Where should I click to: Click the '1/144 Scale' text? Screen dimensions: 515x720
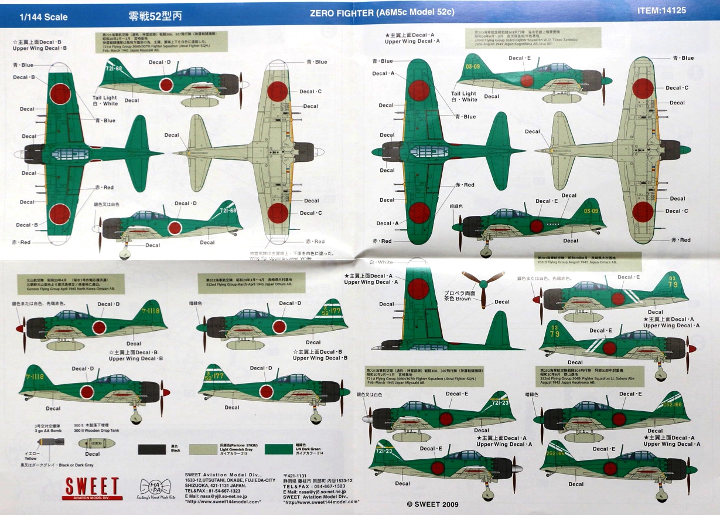point(43,17)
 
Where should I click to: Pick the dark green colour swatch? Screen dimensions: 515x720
point(285,450)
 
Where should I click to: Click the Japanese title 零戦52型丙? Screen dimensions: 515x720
point(149,16)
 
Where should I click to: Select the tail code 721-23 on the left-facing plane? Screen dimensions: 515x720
point(383,450)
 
